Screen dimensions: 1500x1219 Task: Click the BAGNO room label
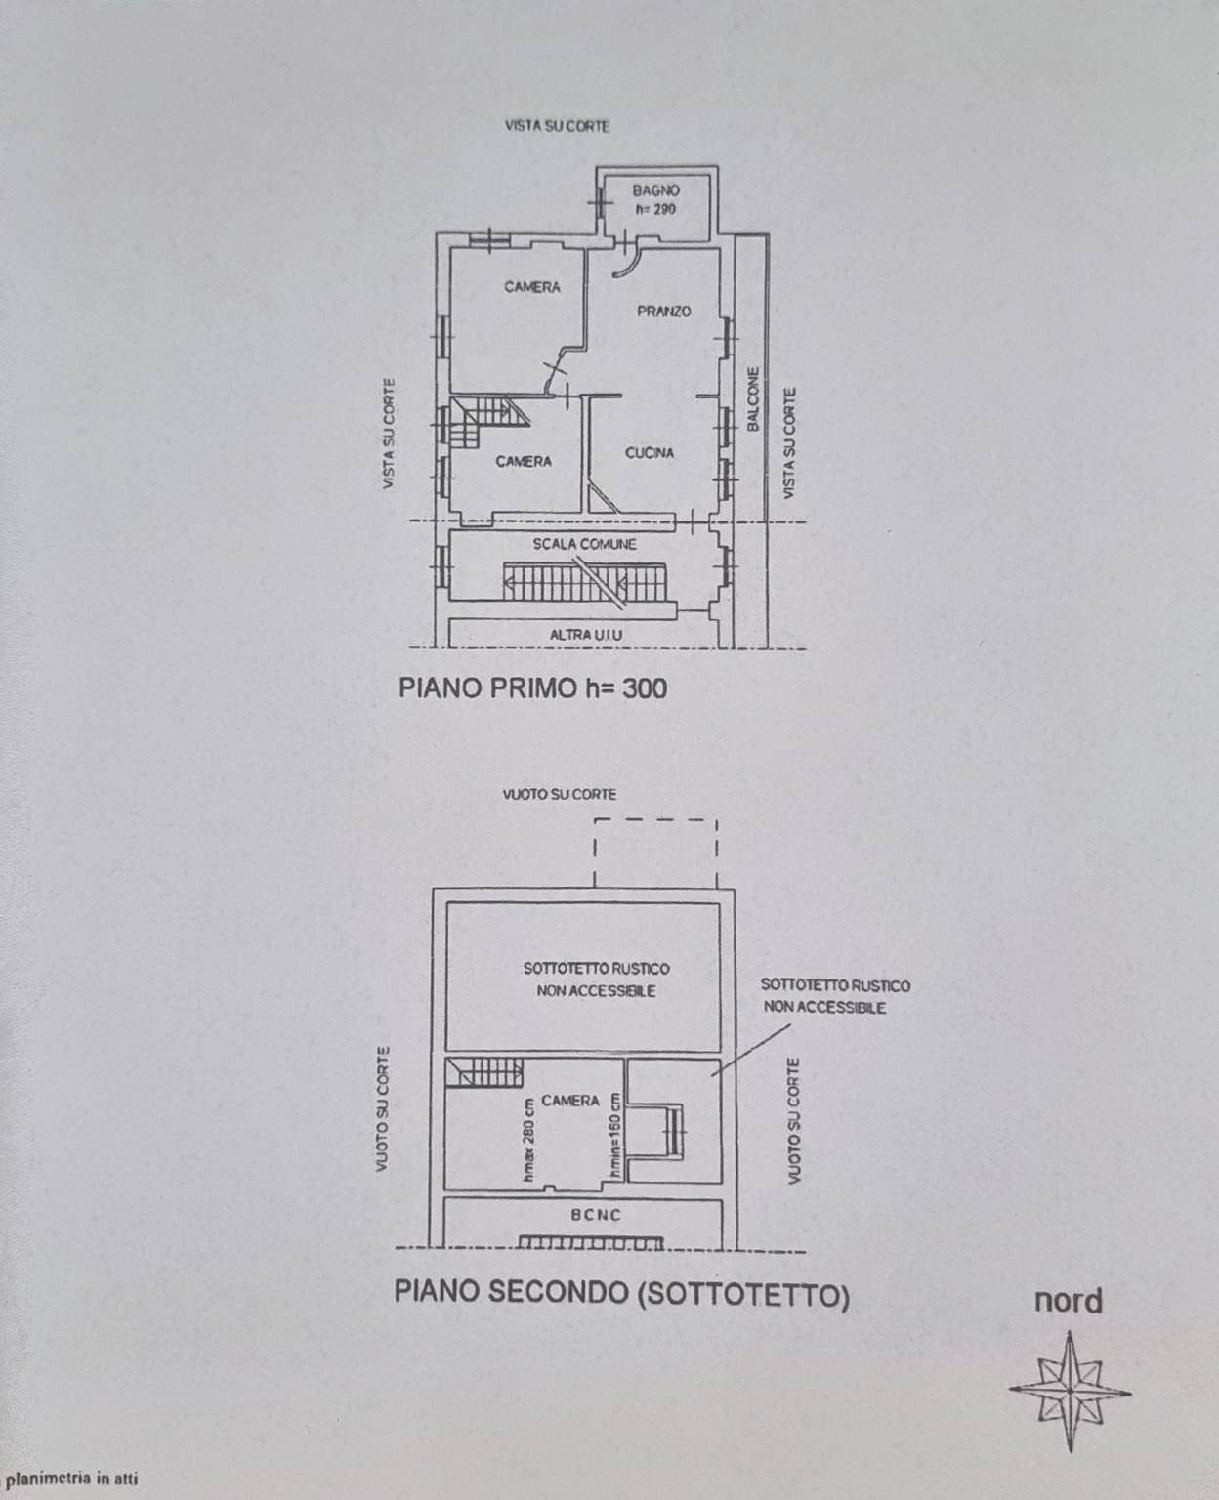point(655,190)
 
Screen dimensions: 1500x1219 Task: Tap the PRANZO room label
point(663,312)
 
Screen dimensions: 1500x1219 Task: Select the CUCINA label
point(650,453)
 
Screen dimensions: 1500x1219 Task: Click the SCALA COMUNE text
point(584,544)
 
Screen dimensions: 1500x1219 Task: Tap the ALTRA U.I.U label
point(586,635)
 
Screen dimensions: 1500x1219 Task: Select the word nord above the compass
point(1069,1301)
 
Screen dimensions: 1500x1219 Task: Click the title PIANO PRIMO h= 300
point(532,687)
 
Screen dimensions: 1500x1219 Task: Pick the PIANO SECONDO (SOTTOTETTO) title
point(621,1293)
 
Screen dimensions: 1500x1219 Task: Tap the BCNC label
point(595,1215)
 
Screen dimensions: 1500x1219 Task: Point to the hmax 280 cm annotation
point(528,1140)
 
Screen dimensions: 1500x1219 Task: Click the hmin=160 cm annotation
point(614,1138)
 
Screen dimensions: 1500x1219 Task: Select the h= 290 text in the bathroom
point(654,209)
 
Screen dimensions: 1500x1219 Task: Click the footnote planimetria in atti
point(71,1478)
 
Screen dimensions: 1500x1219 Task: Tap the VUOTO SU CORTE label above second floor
point(559,795)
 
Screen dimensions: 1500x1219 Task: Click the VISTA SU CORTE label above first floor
point(557,126)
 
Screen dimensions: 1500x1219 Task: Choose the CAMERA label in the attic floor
point(569,1101)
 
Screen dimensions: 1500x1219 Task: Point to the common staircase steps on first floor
point(584,581)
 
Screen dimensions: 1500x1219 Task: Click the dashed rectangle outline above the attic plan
point(655,821)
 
